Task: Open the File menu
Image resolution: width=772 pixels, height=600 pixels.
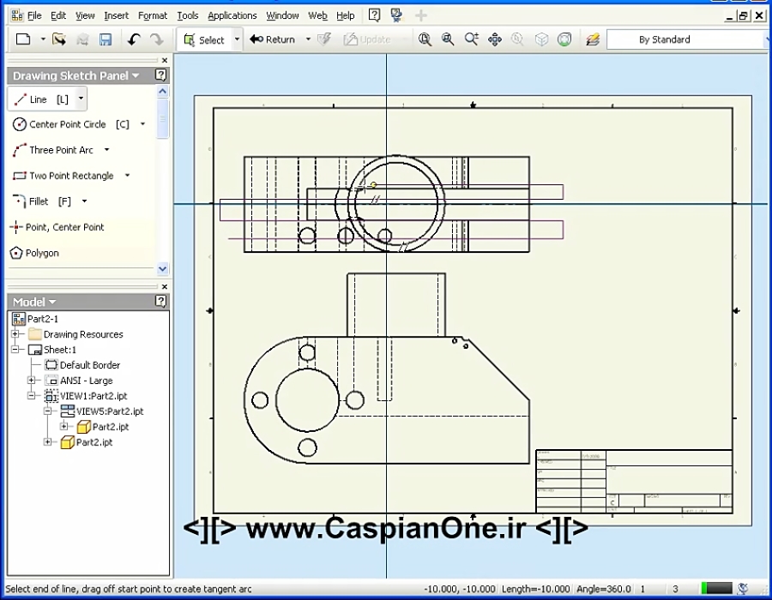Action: click(33, 15)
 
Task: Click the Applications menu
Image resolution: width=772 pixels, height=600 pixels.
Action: click(232, 15)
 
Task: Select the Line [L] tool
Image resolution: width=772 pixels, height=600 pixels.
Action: click(39, 99)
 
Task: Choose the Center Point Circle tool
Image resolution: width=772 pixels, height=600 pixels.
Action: click(67, 124)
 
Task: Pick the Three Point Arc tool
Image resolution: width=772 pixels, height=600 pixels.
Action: click(61, 150)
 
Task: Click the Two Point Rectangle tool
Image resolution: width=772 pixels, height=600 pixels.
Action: click(70, 176)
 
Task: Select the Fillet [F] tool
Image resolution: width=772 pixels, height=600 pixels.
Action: click(39, 201)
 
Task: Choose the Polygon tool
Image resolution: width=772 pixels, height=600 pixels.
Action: click(42, 253)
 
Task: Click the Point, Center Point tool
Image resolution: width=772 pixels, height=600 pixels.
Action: click(64, 227)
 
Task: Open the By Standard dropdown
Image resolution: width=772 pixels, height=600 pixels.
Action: click(686, 39)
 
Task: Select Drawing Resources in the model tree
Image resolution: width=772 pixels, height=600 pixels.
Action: click(83, 334)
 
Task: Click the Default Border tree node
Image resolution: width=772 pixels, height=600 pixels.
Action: click(89, 365)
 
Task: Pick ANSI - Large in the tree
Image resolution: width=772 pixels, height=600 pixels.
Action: click(86, 381)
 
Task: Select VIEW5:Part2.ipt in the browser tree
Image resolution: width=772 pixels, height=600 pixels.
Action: click(109, 411)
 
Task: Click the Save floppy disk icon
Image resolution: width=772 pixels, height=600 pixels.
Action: click(106, 39)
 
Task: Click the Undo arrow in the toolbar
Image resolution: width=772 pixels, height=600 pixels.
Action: click(133, 39)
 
